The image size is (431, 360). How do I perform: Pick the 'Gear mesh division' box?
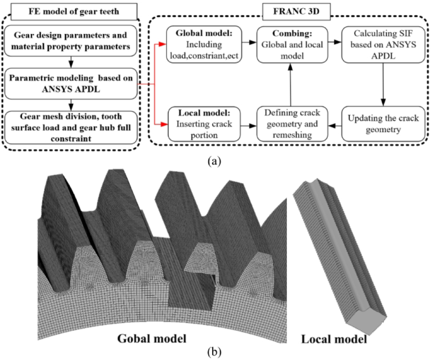75,125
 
